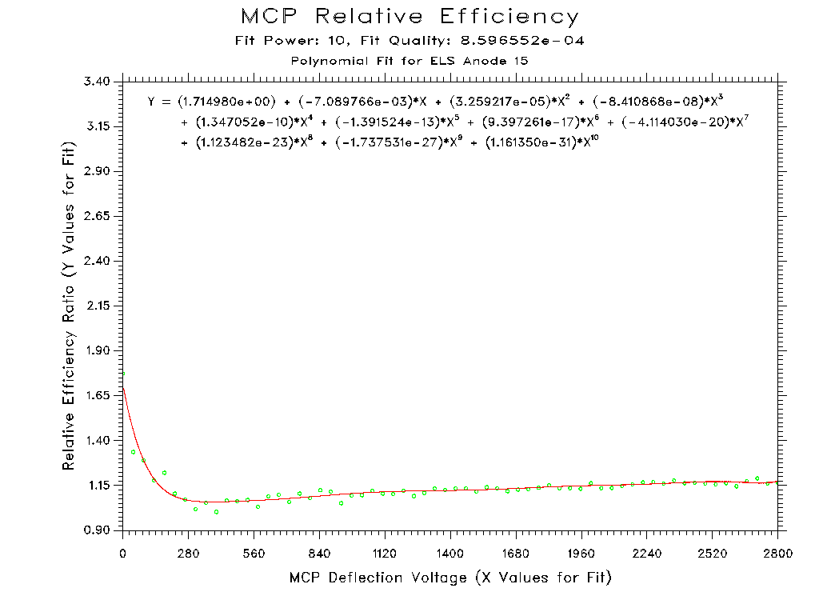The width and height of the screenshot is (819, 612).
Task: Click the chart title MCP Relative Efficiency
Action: tap(409, 17)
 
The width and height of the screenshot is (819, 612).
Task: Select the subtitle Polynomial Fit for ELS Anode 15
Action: tap(409, 61)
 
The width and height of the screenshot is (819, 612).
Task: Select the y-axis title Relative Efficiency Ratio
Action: tap(70, 306)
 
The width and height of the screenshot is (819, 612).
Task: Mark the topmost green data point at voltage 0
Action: tap(123, 374)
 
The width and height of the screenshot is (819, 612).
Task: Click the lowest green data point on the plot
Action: tap(216, 512)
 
